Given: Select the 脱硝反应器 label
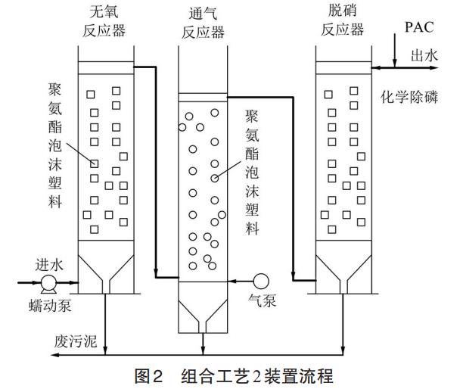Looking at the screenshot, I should pyautogui.click(x=341, y=21).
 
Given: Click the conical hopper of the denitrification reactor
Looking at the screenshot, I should pyautogui.click(x=341, y=273).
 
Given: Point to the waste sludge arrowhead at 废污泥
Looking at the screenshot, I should pyautogui.click(x=106, y=351).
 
